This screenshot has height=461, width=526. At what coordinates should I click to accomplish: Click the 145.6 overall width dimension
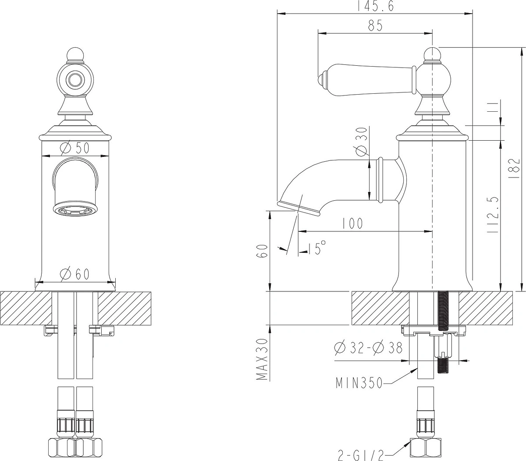[x=375, y=6]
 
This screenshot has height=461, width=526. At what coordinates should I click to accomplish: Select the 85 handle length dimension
[x=375, y=25]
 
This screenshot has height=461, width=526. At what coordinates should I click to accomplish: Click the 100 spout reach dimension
[x=352, y=223]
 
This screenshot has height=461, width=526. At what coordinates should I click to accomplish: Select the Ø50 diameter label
[x=75, y=148]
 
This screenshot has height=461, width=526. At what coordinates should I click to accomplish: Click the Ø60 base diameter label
[x=75, y=274]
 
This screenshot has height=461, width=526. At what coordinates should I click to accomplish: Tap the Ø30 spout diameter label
[x=361, y=142]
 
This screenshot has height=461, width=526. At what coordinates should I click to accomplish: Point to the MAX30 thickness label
[x=262, y=359]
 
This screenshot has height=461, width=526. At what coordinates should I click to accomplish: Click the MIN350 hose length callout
[x=359, y=383]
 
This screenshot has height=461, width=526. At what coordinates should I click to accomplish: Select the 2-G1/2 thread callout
[x=361, y=455]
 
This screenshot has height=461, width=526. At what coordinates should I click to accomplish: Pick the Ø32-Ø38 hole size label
[x=368, y=348]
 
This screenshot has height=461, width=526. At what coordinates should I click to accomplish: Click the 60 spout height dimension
[x=263, y=251]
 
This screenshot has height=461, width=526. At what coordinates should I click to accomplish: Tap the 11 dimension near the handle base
[x=494, y=106]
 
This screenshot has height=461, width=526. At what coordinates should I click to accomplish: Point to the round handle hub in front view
[x=75, y=79]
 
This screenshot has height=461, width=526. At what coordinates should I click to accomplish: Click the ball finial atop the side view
[x=432, y=54]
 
